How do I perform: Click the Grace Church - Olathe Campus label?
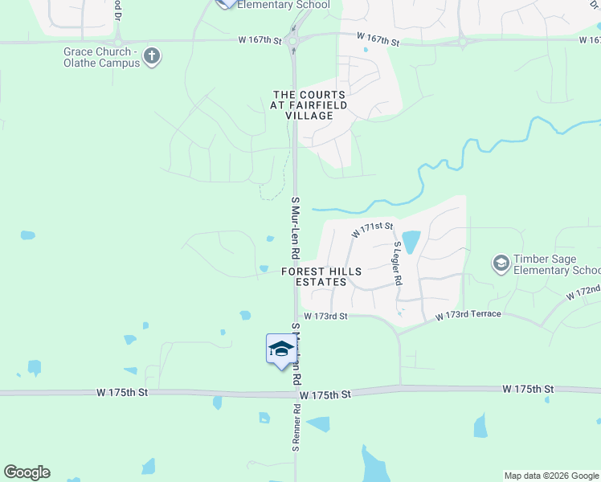(102, 57)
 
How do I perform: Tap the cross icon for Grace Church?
(153, 56)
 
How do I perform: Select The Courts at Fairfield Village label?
(309, 105)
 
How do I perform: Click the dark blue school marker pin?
(280, 350)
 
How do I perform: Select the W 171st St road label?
(371, 231)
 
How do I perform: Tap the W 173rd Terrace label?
(468, 315)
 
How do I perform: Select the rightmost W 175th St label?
(529, 389)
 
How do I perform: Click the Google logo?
(27, 472)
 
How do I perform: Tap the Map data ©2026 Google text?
(551, 476)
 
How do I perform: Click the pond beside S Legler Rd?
(411, 241)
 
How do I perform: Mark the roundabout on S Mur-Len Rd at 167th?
(292, 40)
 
